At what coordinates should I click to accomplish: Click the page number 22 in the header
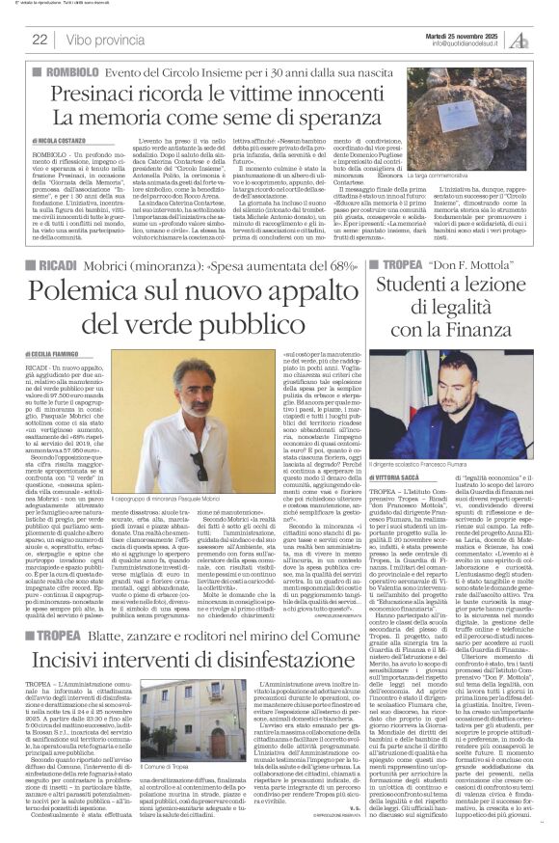point(40,39)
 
